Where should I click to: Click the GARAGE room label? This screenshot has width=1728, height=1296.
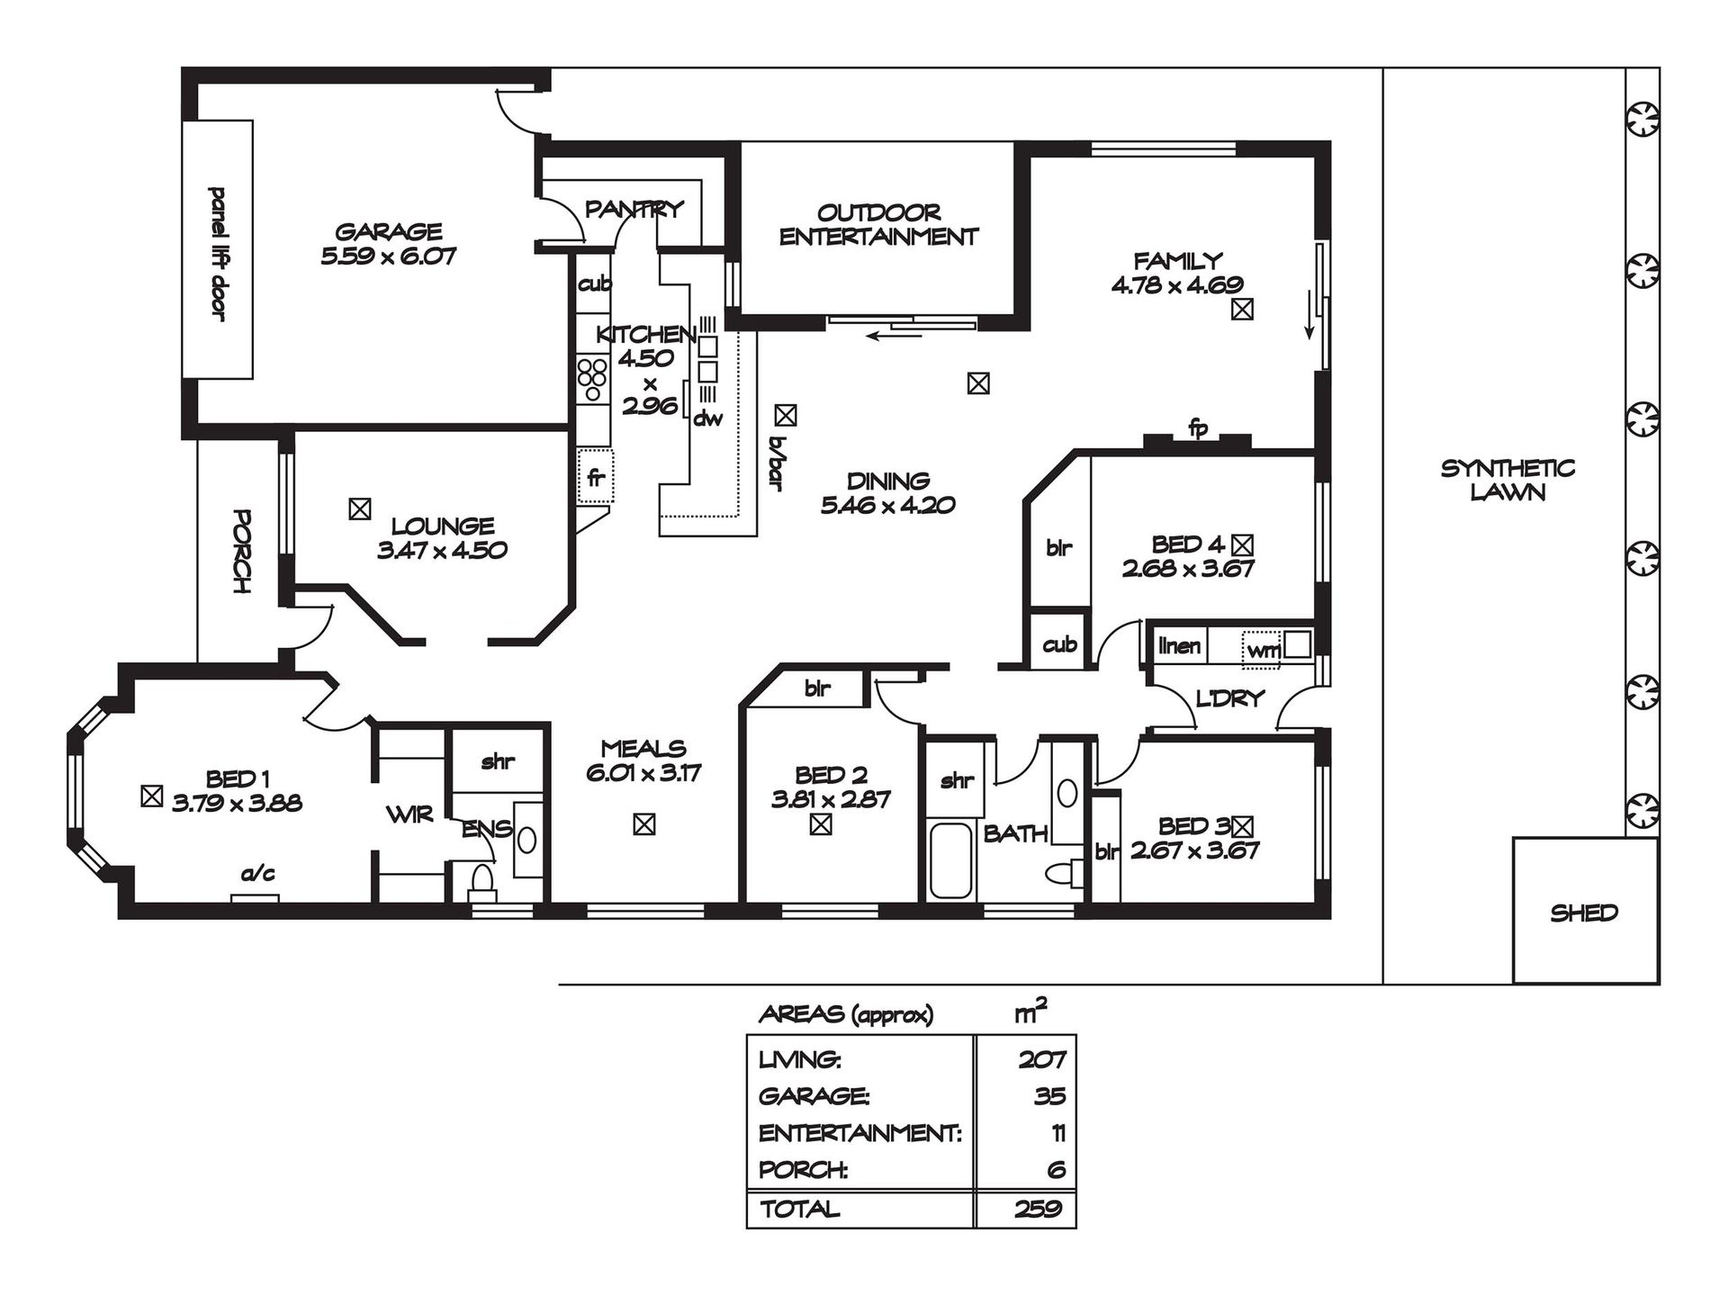pyautogui.click(x=388, y=232)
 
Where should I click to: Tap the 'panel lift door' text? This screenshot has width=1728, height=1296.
pyautogui.click(x=217, y=254)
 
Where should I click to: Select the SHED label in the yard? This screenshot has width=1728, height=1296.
pyautogui.click(x=1584, y=913)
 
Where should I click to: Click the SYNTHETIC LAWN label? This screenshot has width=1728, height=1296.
pyautogui.click(x=1507, y=480)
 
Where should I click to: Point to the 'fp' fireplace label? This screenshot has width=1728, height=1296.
pyautogui.click(x=1198, y=428)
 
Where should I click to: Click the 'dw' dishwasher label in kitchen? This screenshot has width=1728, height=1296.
pyautogui.click(x=708, y=418)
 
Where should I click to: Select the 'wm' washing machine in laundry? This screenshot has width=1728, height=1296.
pyautogui.click(x=1262, y=650)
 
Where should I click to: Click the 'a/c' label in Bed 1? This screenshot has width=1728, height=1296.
pyautogui.click(x=257, y=873)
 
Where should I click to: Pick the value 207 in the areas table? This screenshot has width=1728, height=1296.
pyautogui.click(x=1042, y=1059)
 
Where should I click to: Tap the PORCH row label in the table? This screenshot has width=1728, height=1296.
pyautogui.click(x=803, y=1170)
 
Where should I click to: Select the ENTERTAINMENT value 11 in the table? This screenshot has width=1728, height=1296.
pyautogui.click(x=1057, y=1133)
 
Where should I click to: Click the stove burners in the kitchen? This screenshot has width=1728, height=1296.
pyautogui.click(x=593, y=379)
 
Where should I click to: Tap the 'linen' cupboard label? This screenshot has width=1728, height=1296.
pyautogui.click(x=1179, y=645)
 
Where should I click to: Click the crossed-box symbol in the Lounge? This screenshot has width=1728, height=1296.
pyautogui.click(x=359, y=509)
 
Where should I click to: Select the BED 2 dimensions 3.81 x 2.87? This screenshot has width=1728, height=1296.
pyautogui.click(x=831, y=799)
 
